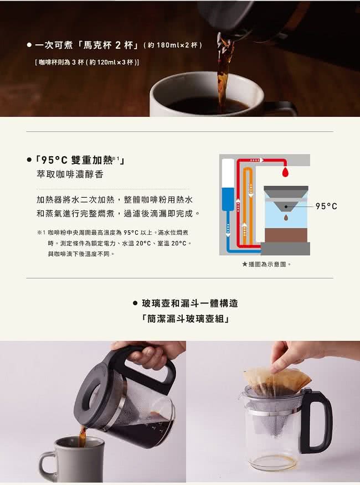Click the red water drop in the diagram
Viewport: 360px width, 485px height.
[x=285, y=173]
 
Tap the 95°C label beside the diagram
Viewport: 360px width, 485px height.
[x=326, y=207]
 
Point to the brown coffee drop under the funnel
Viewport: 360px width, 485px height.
[x=286, y=218]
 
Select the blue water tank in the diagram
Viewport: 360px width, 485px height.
[x=228, y=199]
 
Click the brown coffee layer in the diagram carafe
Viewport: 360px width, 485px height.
[x=285, y=236]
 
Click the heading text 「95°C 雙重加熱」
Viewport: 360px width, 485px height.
[x=80, y=160]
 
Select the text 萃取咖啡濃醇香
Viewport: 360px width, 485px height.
[x=70, y=175]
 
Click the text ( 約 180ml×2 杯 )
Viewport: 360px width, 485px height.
[x=173, y=45]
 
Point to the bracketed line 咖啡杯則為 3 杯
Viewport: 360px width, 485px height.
[x=87, y=63]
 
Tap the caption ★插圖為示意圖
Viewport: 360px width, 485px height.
[x=266, y=265]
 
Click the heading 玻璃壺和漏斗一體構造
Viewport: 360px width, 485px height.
[x=190, y=303]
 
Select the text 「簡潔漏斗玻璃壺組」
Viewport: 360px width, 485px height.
[x=185, y=318]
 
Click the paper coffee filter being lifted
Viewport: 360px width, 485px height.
[x=276, y=380]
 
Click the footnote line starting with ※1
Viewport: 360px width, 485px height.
[x=112, y=233]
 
